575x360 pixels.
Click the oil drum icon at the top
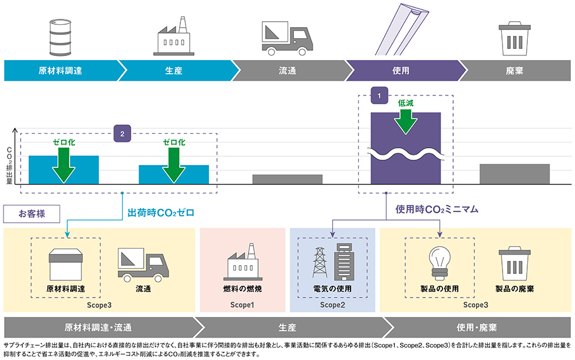[60, 35]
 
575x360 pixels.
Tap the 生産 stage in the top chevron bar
[174, 71]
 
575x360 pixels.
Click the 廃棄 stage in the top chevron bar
[514, 71]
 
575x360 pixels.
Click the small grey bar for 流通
[287, 179]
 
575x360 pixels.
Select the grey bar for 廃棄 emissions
[514, 174]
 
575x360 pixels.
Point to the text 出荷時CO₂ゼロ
[161, 212]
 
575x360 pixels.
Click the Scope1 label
[242, 305]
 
